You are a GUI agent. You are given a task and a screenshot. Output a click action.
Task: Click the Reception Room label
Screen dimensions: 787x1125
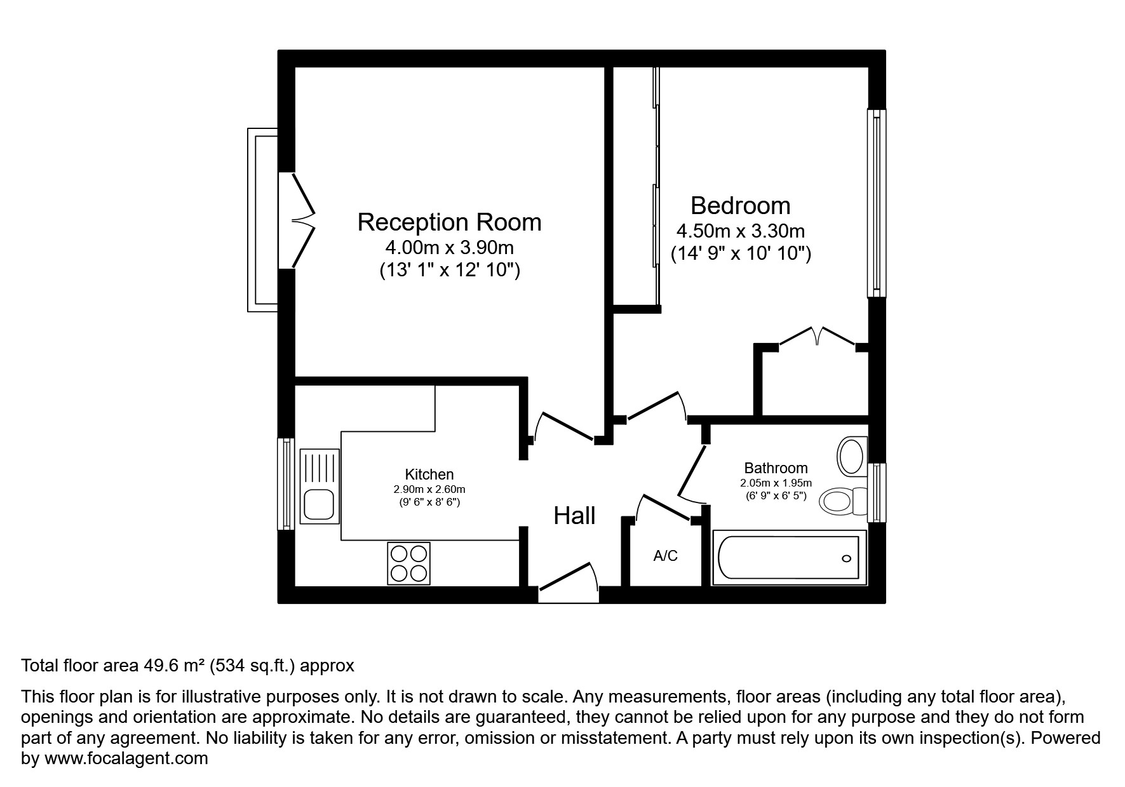click(x=449, y=222)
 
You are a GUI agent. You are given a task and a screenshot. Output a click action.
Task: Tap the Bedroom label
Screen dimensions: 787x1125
click(x=740, y=206)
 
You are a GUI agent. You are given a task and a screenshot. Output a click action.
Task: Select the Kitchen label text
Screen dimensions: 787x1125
click(x=429, y=474)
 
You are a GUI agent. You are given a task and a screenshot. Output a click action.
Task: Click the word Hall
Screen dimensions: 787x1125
click(x=574, y=516)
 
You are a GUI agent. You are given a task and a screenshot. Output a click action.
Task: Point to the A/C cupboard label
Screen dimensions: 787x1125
click(x=665, y=556)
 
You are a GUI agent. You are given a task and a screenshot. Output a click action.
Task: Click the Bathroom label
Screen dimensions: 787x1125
click(x=776, y=468)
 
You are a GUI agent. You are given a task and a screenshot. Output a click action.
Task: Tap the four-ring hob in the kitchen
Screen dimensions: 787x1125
click(x=408, y=563)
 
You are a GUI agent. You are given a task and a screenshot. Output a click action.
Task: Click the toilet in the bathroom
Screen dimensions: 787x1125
click(x=842, y=501)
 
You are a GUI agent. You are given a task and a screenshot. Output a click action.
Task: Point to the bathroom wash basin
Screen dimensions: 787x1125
click(x=851, y=455)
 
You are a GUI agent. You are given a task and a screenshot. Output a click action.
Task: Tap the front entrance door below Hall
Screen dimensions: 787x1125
click(x=567, y=582)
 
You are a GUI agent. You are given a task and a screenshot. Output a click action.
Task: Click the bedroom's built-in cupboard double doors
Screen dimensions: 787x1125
click(x=818, y=337)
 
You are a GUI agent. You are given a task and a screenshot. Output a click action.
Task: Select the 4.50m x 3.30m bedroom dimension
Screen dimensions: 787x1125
click(x=740, y=231)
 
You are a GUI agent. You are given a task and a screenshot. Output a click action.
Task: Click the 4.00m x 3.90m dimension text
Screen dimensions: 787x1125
click(x=449, y=247)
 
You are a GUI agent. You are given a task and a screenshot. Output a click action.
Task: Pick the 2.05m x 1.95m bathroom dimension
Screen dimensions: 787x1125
click(x=776, y=483)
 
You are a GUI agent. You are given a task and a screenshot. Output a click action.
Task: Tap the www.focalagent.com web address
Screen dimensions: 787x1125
click(x=126, y=758)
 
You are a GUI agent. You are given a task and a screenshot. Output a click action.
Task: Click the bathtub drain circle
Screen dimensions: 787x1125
click(x=846, y=558)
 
